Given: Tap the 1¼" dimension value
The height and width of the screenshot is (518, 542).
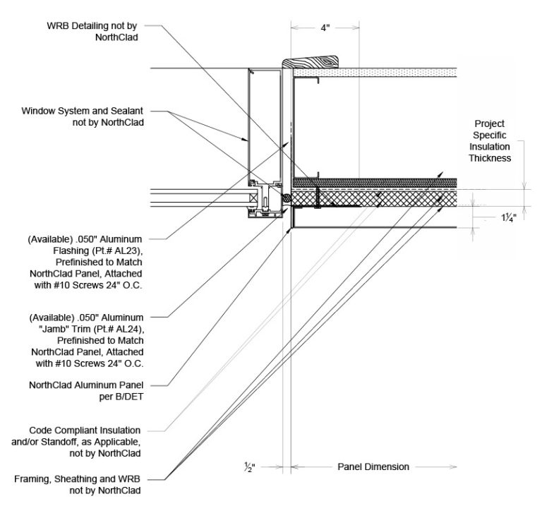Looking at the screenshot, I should pyautogui.click(x=509, y=218).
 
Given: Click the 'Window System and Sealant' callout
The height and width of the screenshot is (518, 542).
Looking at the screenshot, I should pyautogui.click(x=83, y=116).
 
